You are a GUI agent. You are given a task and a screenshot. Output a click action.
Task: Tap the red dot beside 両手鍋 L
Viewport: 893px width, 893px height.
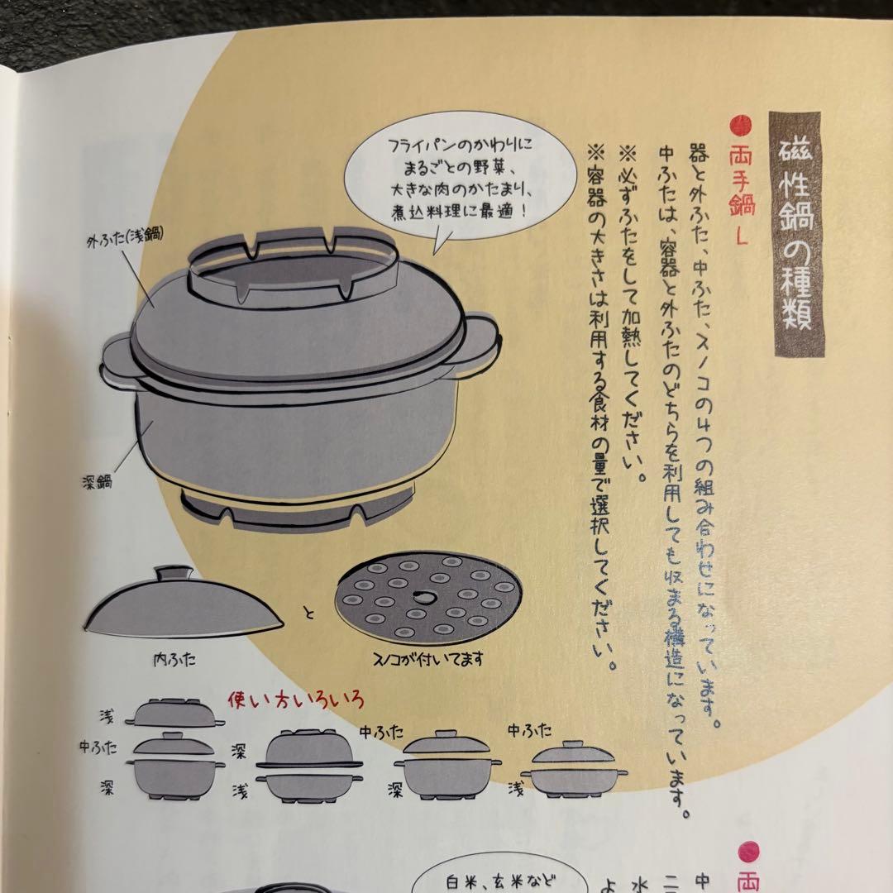coord(741,127)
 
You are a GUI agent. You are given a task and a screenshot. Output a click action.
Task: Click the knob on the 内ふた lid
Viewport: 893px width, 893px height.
coord(174,574)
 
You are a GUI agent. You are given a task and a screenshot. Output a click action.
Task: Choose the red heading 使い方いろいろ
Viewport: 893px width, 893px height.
coord(295,701)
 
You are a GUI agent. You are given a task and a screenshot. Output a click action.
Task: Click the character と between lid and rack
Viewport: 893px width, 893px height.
coord(309,614)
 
